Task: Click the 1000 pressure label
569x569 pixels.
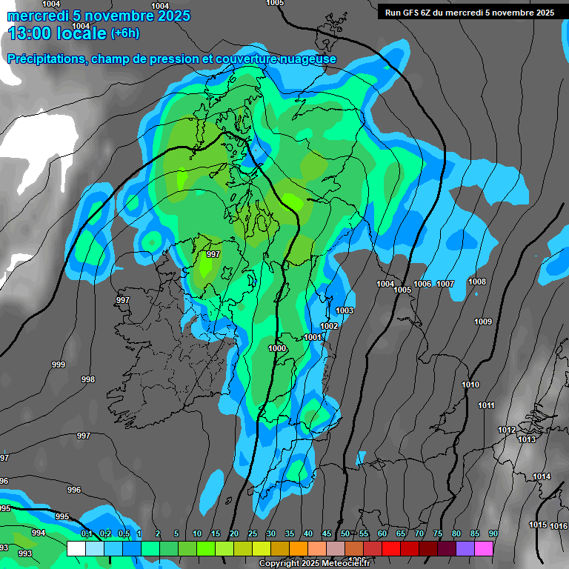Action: pos(277,348)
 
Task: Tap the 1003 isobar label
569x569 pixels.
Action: pos(345,310)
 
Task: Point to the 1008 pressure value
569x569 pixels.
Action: pos(477,282)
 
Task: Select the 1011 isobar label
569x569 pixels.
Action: pos(486,405)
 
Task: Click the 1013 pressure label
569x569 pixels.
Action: pos(527,439)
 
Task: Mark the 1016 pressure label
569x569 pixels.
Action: pos(559,526)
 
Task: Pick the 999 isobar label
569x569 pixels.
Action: pos(59,365)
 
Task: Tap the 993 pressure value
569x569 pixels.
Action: pos(24,553)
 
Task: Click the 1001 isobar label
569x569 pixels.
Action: pos(313,337)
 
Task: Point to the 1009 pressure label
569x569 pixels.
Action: pos(483,322)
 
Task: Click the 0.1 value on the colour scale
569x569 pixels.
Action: pos(86,534)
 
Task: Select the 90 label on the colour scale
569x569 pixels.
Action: pos(493,534)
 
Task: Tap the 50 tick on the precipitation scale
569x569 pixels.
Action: pos(345,534)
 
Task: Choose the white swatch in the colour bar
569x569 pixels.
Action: pos(76,548)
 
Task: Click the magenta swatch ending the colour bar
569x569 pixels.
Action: pos(484,548)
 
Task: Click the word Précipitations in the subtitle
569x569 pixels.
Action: pos(46,59)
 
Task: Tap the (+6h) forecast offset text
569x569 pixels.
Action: pos(124,33)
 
